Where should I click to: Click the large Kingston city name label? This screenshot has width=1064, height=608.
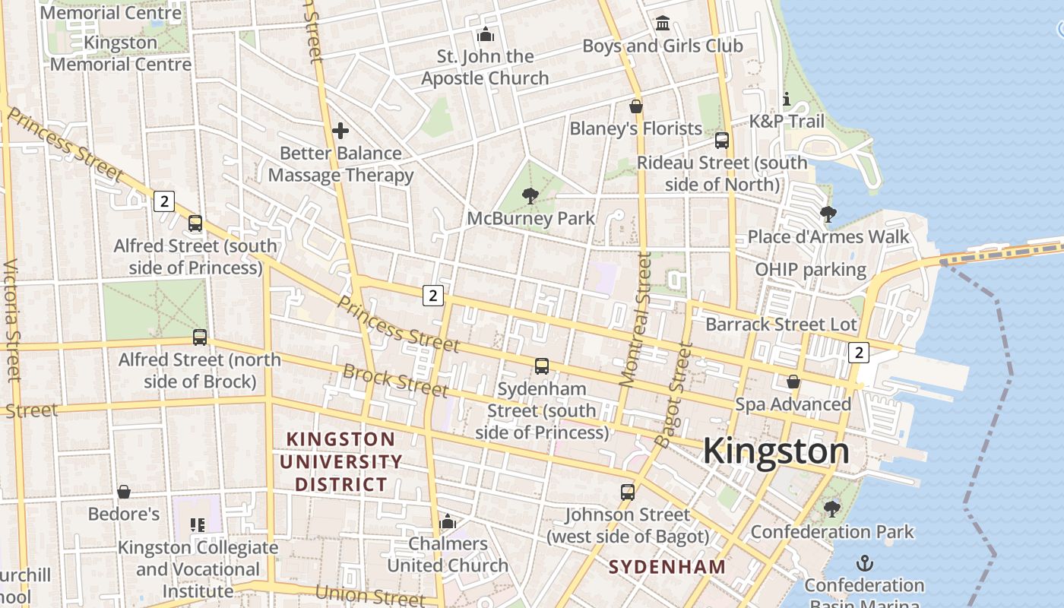coord(775,451)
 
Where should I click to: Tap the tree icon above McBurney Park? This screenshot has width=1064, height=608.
coord(530,197)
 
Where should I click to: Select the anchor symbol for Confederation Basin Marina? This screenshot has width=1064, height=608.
coord(864,563)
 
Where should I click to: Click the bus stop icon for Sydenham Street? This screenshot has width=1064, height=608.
coord(542,366)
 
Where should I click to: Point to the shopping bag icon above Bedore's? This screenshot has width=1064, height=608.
coord(124,492)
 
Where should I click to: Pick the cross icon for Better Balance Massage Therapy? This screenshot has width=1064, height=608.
coord(340,131)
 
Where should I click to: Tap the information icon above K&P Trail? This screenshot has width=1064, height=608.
coord(787,100)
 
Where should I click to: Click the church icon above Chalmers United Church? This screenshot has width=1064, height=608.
coord(448,522)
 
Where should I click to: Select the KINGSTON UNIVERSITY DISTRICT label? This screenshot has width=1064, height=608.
coord(340,461)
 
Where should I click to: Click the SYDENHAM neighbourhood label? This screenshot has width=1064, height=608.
coord(667,567)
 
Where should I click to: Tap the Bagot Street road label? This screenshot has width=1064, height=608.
coord(674,395)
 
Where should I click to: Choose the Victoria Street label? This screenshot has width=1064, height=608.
coord(11,319)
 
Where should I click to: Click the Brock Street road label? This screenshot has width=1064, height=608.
coord(394,381)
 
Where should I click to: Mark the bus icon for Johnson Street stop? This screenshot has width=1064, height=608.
coord(627,492)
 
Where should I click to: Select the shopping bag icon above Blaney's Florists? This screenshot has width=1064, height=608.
coord(636,106)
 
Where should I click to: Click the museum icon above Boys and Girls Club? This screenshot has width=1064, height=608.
coord(663,24)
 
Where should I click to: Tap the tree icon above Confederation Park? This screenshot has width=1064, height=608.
coord(832,509)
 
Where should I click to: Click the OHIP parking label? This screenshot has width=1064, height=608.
coord(810,270)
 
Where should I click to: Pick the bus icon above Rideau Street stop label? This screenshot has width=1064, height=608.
coord(722,141)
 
